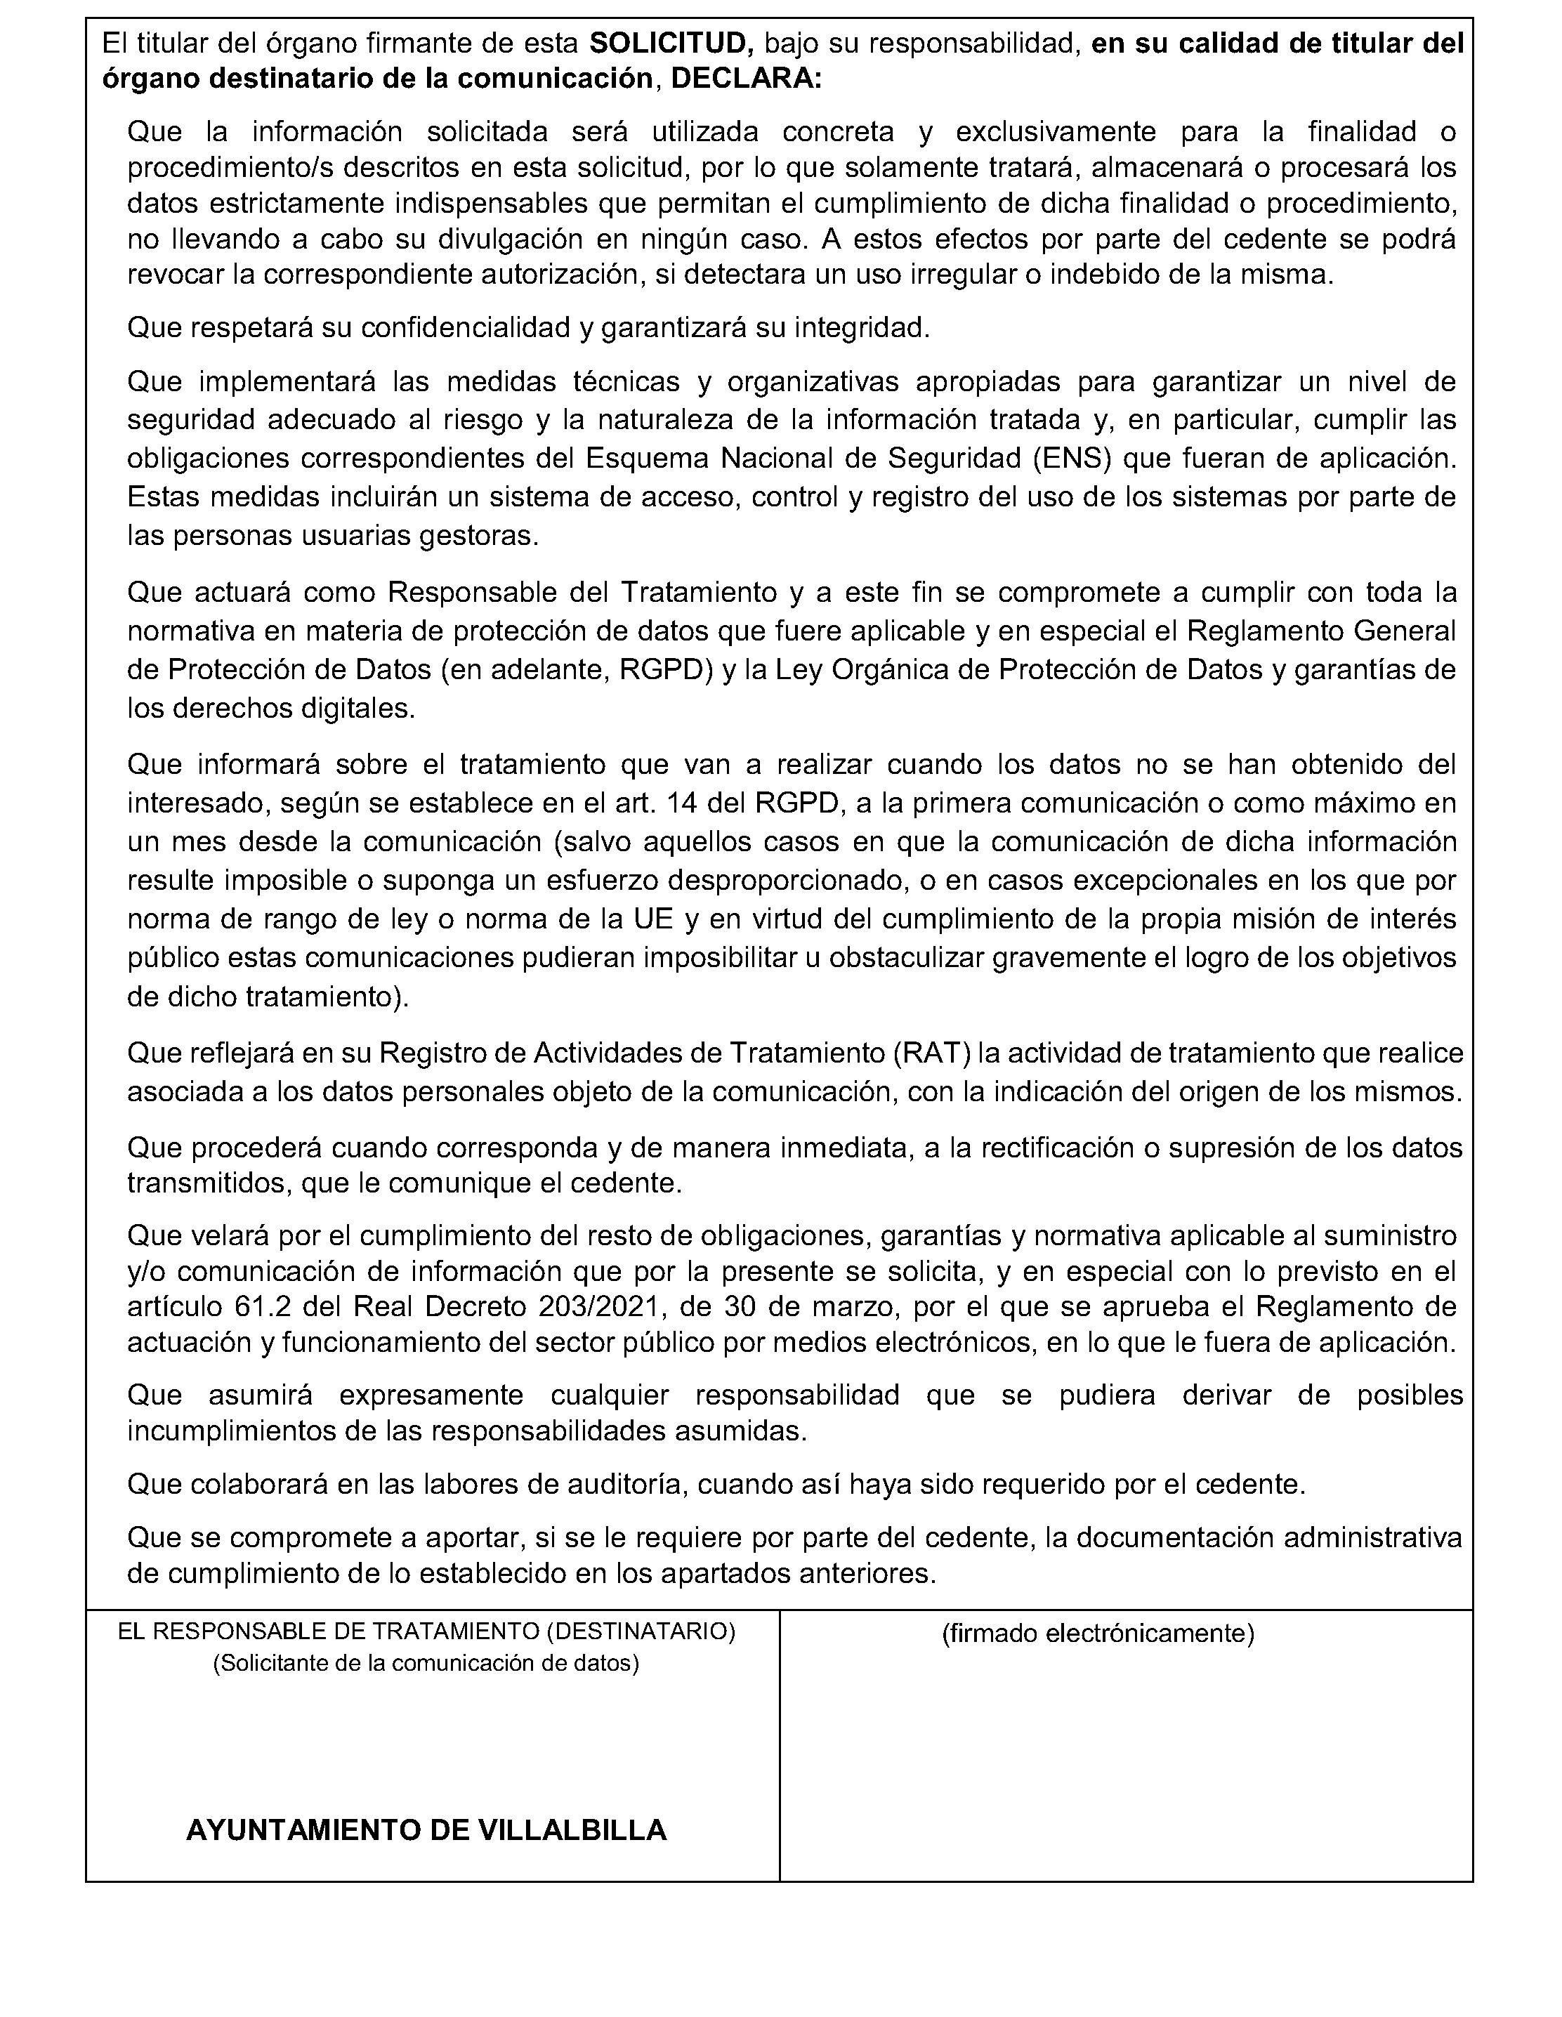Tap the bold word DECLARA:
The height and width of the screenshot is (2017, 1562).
[745, 79]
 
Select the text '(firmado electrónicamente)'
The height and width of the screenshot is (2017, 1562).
[1097, 1633]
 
